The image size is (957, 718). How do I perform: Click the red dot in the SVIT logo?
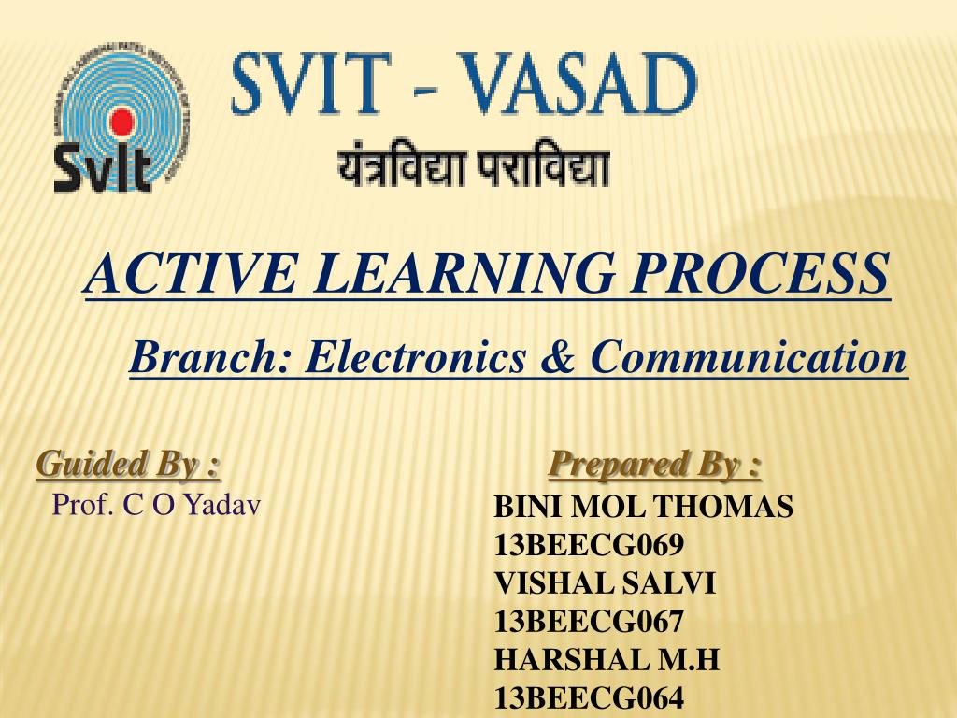pos(121,121)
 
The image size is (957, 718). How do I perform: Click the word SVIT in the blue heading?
pos(311,83)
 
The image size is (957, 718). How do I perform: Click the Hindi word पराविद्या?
pos(545,167)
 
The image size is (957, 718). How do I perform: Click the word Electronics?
pos(415,356)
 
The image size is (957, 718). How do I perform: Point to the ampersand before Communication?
pos(558,356)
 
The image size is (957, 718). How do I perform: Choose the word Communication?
pos(749,356)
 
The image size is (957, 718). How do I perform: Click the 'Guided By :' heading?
pos(128,464)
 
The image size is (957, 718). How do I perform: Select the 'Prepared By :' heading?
pos(655,464)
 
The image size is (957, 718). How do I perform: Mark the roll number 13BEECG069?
pos(589,545)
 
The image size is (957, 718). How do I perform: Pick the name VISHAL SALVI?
pos(605,583)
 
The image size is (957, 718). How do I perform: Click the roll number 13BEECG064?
pos(589,697)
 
